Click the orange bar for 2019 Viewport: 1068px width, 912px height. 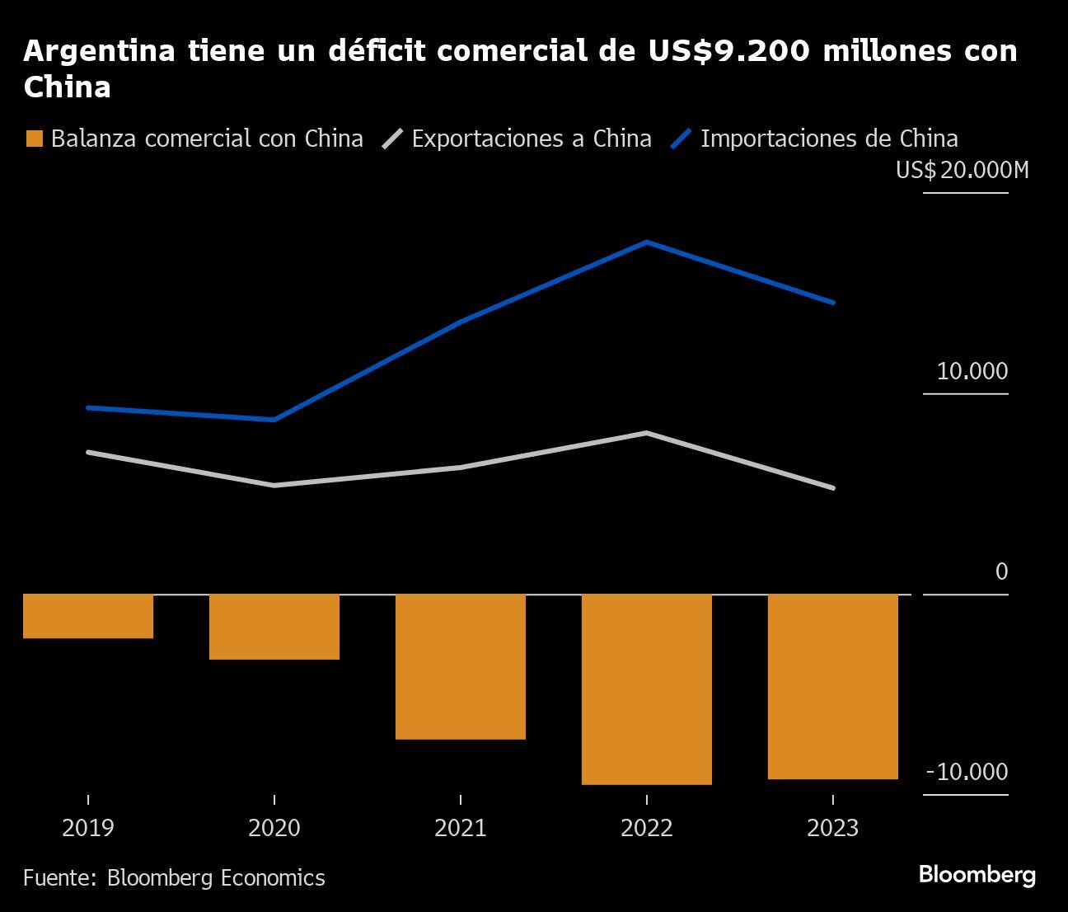pyautogui.click(x=88, y=616)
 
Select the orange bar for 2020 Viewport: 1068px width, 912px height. pyautogui.click(x=274, y=627)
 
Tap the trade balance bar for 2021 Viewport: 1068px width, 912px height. pyautogui.click(x=461, y=666)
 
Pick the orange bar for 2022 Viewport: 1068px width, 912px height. pyautogui.click(x=647, y=689)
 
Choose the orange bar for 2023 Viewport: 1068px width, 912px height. pyautogui.click(x=833, y=686)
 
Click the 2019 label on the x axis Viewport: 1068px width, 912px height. pyautogui.click(x=88, y=827)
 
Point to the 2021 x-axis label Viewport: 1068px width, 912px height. pyautogui.click(x=461, y=827)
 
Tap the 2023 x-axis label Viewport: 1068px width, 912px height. pyautogui.click(x=833, y=827)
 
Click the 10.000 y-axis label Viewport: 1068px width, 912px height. pyautogui.click(x=972, y=371)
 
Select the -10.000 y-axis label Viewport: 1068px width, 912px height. pyautogui.click(x=967, y=772)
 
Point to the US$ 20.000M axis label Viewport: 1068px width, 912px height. pyautogui.click(x=962, y=171)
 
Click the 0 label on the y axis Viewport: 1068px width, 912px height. pyautogui.click(x=1001, y=571)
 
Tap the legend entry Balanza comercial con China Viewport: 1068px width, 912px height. pyautogui.click(x=194, y=139)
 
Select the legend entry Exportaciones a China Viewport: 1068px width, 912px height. pyautogui.click(x=518, y=139)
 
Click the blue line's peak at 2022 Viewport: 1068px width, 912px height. pyautogui.click(x=647, y=242)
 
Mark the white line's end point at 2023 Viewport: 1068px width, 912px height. pyautogui.click(x=833, y=488)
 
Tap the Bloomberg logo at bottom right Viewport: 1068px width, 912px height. pyautogui.click(x=977, y=875)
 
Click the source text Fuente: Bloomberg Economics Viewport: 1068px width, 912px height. pyautogui.click(x=174, y=877)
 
